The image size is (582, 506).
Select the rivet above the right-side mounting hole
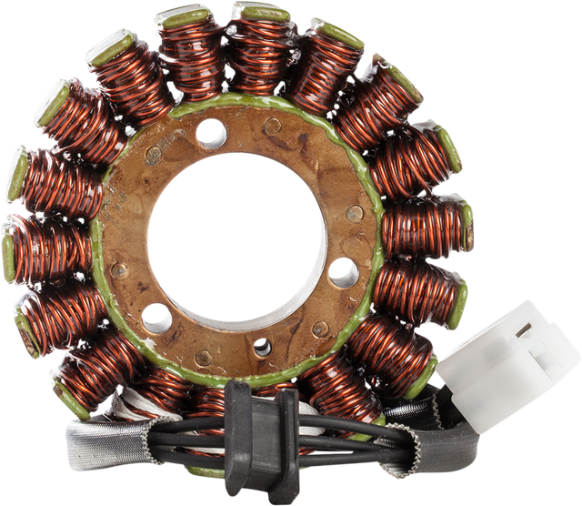click(355, 215)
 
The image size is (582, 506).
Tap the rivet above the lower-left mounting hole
click(119, 270)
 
